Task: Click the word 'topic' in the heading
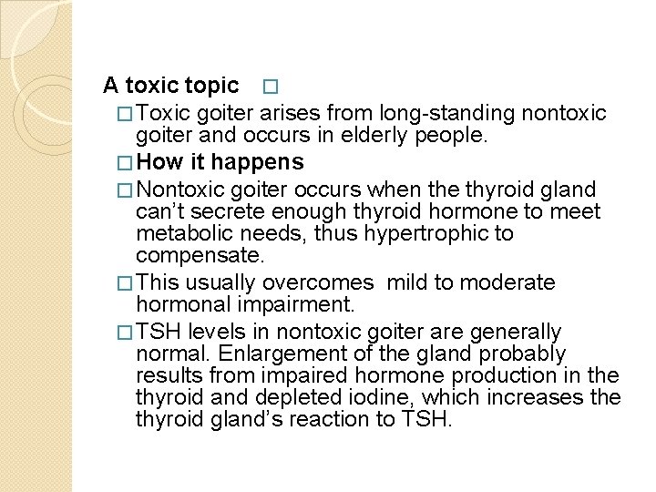point(211,87)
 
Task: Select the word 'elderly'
point(389,136)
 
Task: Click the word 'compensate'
point(198,255)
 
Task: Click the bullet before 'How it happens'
point(127,164)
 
